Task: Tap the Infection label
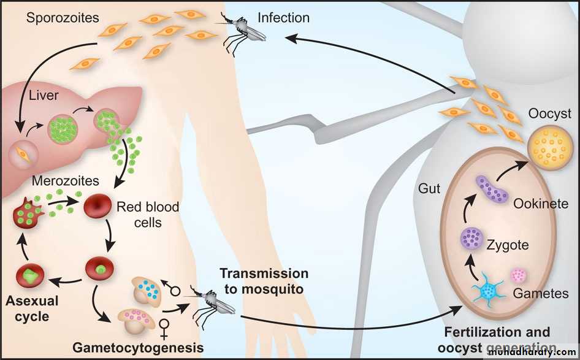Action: pyautogui.click(x=284, y=18)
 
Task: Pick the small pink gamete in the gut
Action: pyautogui.click(x=519, y=275)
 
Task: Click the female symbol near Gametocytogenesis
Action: pyautogui.click(x=164, y=327)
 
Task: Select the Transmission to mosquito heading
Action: pyautogui.click(x=264, y=281)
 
